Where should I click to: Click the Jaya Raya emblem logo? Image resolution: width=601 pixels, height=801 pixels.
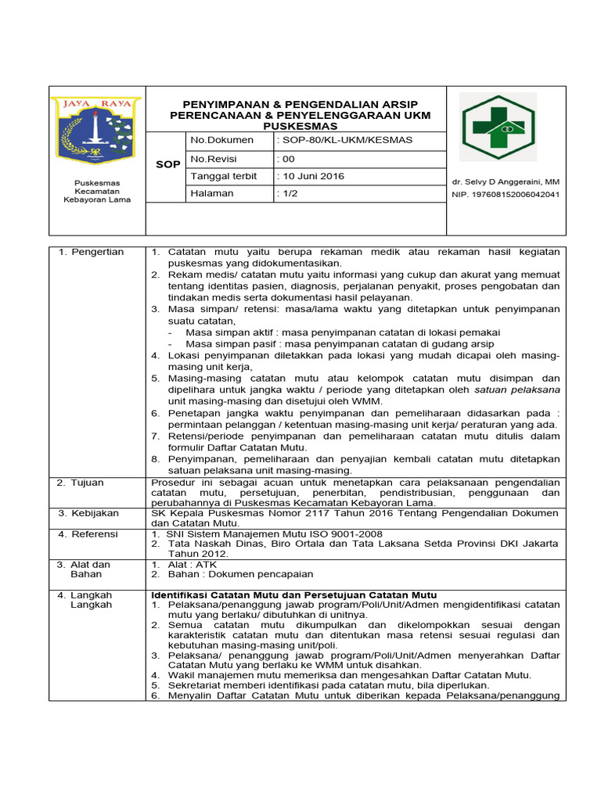coord(95,131)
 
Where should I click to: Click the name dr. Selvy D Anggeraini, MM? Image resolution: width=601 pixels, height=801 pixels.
coord(506,181)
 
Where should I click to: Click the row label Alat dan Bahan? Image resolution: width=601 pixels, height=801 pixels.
coord(91,569)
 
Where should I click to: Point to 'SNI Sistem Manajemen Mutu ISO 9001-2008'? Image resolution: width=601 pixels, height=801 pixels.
coord(274,533)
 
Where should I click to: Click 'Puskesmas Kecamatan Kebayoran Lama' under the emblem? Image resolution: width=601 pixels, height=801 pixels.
coord(96,191)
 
